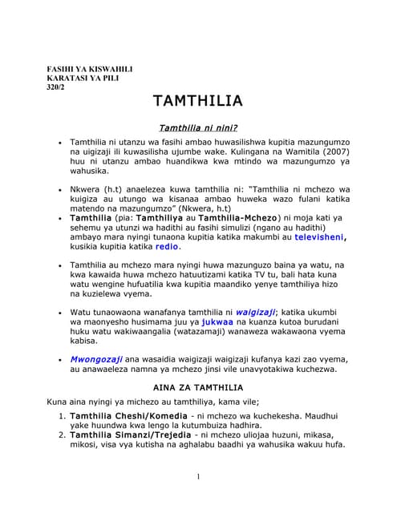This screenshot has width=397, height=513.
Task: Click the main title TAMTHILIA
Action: click(x=197, y=101)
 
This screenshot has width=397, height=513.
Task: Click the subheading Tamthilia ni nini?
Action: click(x=199, y=127)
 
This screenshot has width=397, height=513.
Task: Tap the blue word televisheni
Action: click(x=320, y=237)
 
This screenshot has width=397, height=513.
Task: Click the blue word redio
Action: click(x=167, y=248)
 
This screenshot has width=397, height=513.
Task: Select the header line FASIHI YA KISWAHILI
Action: click(x=90, y=70)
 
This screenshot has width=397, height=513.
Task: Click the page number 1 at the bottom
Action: click(x=198, y=478)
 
